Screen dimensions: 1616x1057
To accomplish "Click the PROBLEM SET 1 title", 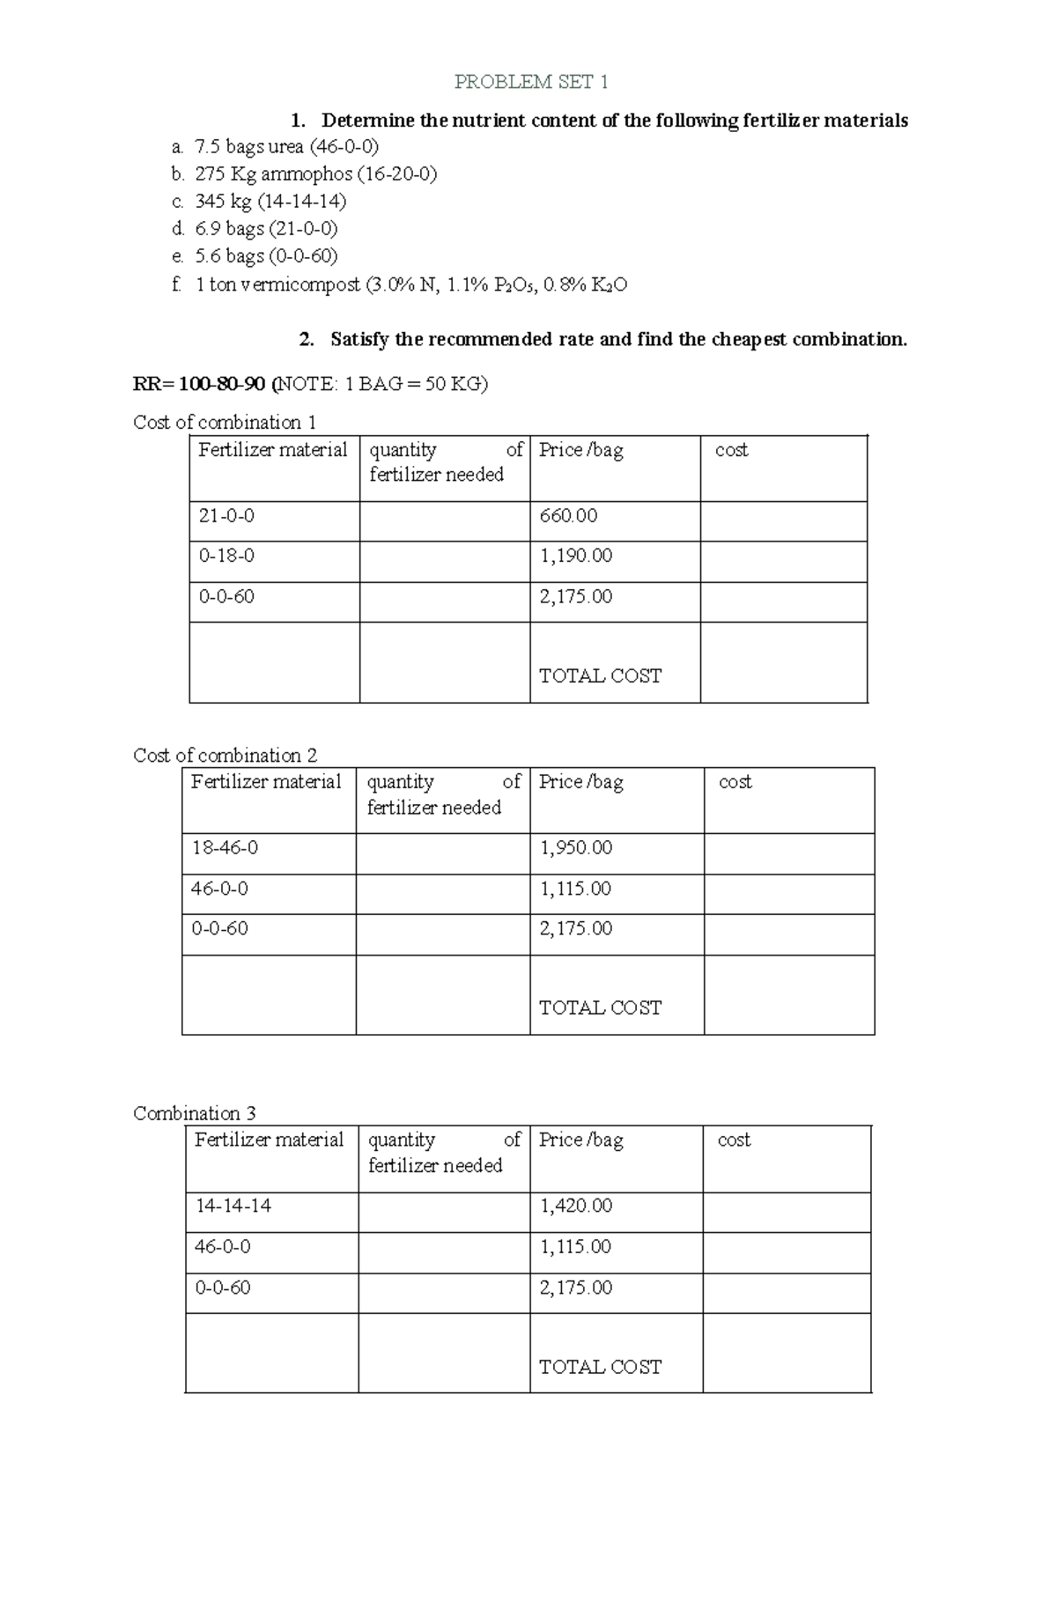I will [x=530, y=82].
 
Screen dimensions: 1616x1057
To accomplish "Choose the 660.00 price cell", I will [x=568, y=516].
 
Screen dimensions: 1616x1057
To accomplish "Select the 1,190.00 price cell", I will [x=575, y=556].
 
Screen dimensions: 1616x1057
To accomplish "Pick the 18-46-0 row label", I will [x=225, y=847].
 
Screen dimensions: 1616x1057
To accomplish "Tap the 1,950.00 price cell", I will [x=575, y=847].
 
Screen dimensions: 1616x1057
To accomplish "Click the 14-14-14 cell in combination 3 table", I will [x=233, y=1206].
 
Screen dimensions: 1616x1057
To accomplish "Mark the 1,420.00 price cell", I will [x=575, y=1206].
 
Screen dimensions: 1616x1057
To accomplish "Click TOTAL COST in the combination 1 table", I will [x=600, y=675].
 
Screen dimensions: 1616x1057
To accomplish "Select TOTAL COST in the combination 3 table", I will [x=600, y=1367].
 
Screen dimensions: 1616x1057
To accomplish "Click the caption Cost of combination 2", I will [x=225, y=755].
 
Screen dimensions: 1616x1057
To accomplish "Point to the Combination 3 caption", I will [x=195, y=1113].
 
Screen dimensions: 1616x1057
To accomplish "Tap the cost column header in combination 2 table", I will [x=735, y=782].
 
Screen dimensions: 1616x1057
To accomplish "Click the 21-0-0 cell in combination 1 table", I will [x=226, y=516].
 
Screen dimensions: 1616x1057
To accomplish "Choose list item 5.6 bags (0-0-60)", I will [x=266, y=256].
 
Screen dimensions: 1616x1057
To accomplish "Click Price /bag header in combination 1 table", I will [x=580, y=450].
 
